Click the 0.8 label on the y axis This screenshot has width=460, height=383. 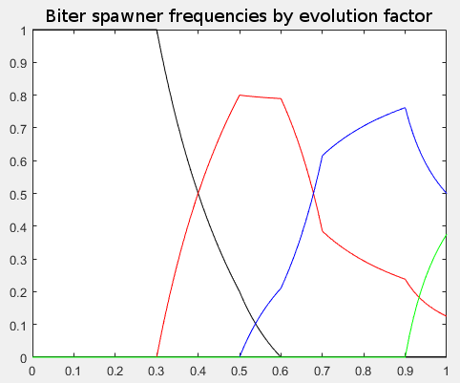click(16, 96)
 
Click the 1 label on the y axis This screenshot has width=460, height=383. click(21, 31)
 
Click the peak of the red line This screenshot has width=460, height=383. click(240, 95)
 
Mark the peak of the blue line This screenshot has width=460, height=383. click(405, 107)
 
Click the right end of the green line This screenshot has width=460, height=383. click(446, 236)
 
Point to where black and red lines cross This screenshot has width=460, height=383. click(198, 194)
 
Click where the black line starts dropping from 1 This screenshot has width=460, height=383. click(157, 30)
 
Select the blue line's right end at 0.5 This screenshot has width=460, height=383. click(446, 193)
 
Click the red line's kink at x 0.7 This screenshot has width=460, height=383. click(323, 230)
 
